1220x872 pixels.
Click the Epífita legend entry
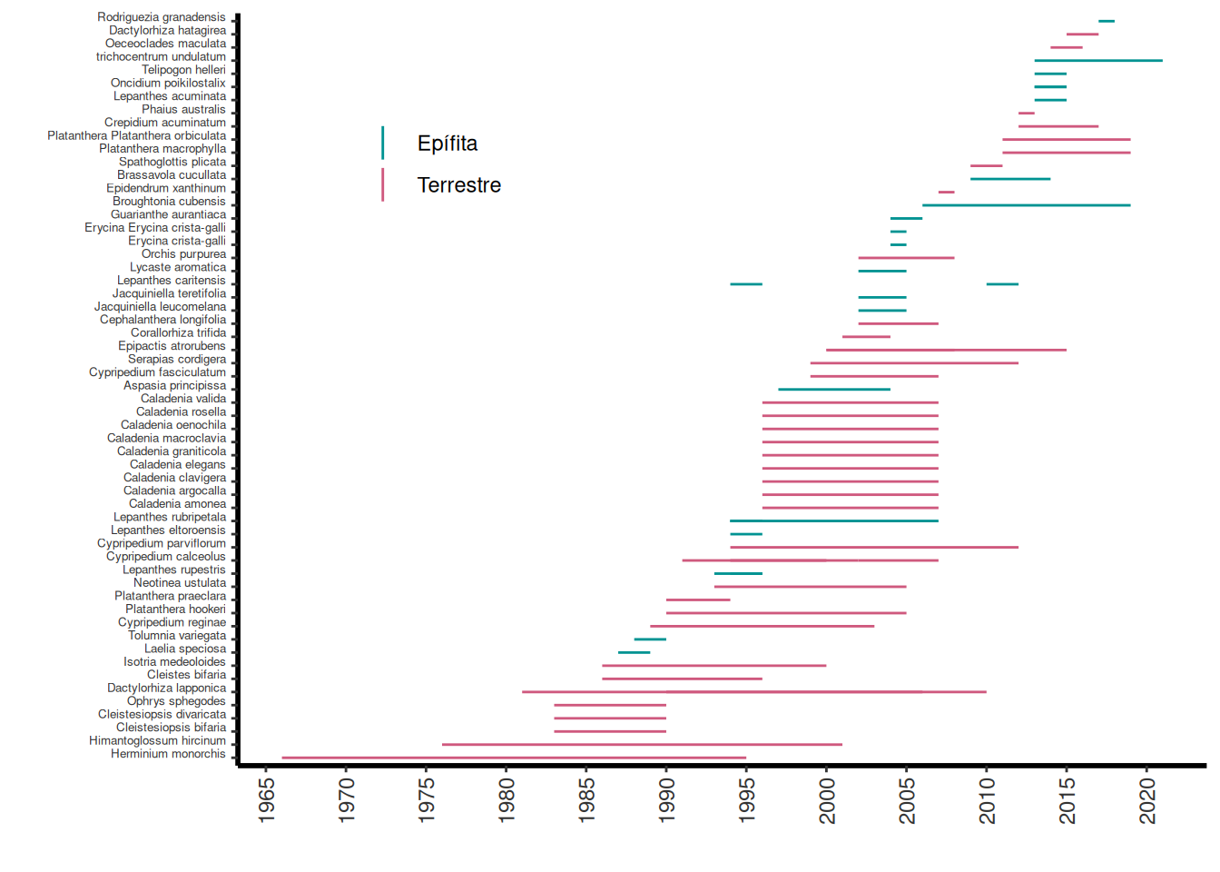click(x=447, y=144)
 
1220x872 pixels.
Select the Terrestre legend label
click(x=458, y=185)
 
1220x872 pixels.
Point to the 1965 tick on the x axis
click(x=266, y=800)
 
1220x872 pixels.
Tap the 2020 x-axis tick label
click(x=1147, y=800)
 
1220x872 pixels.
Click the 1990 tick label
click(x=666, y=800)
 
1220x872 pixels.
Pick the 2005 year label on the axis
click(x=907, y=800)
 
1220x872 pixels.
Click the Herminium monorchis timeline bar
click(x=514, y=758)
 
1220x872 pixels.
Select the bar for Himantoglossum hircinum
click(x=642, y=745)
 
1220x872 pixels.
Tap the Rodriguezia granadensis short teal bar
click(x=1107, y=21)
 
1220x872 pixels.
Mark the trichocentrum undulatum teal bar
click(x=1098, y=61)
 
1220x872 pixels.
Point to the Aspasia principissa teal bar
click(x=834, y=390)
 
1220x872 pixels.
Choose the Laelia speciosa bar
click(x=634, y=652)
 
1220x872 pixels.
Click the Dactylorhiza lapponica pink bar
click(x=753, y=692)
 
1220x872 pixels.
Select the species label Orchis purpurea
click(x=183, y=254)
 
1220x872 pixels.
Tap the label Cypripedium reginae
click(x=172, y=622)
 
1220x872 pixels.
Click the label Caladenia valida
click(x=183, y=399)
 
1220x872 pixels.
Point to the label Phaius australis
click(x=183, y=109)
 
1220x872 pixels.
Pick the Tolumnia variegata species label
click(x=177, y=636)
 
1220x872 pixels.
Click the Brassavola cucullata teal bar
click(x=1010, y=179)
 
